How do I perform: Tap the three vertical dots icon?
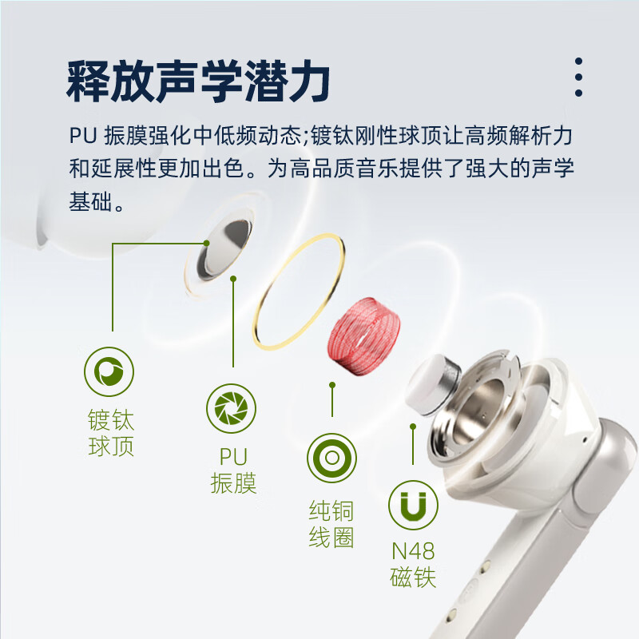pyautogui.click(x=578, y=77)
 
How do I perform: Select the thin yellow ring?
pyautogui.click(x=300, y=292)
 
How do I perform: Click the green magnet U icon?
pyautogui.click(x=413, y=505)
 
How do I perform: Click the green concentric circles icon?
pyautogui.click(x=331, y=458)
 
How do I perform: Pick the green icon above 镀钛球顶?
pyautogui.click(x=109, y=371)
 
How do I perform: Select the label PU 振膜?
pyautogui.click(x=233, y=470)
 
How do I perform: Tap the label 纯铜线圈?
pyautogui.click(x=331, y=523)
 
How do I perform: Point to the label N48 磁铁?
pyautogui.click(x=413, y=564)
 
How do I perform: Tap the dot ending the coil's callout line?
pyautogui.click(x=331, y=384)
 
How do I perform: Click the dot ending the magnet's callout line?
pyautogui.click(x=413, y=427)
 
